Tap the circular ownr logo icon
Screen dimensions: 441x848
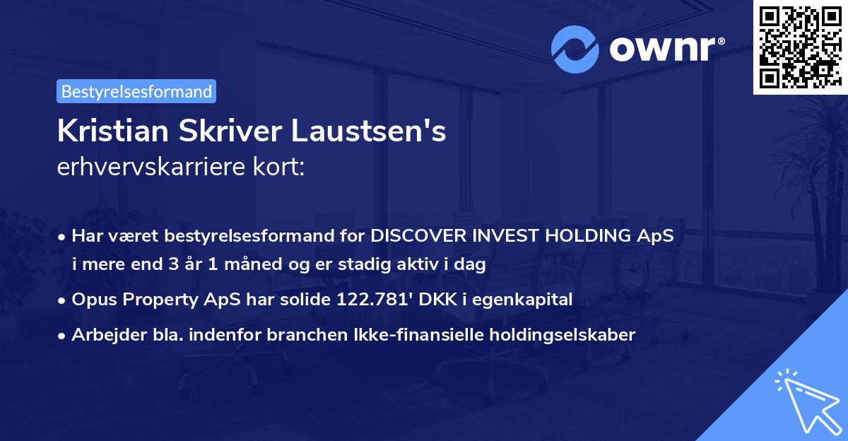(x=574, y=49)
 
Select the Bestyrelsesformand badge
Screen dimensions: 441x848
(x=136, y=91)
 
